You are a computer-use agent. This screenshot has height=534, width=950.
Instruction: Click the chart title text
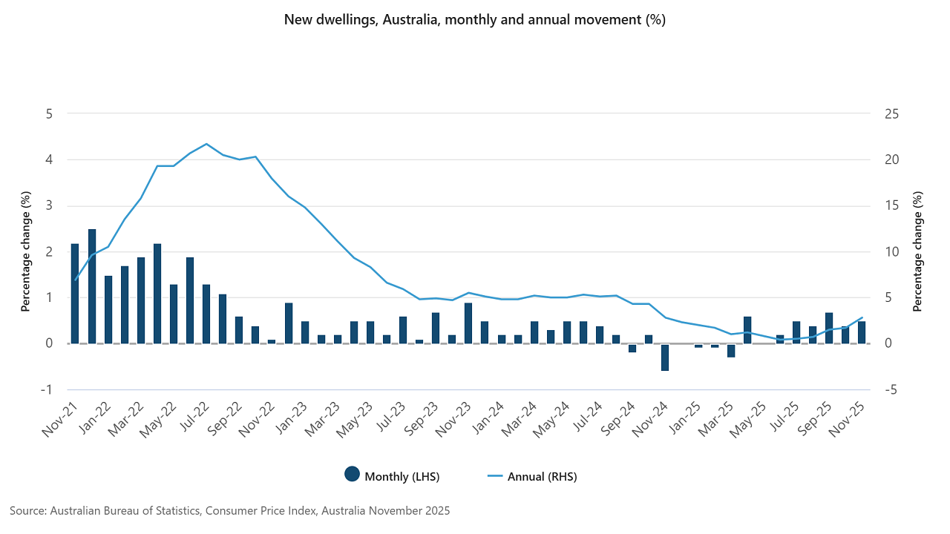pyautogui.click(x=475, y=20)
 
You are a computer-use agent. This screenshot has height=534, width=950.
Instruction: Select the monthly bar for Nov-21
pyautogui.click(x=75, y=293)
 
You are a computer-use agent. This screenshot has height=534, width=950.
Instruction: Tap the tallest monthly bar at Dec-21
pyautogui.click(x=92, y=286)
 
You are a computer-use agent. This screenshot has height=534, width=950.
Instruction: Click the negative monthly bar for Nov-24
pyautogui.click(x=665, y=357)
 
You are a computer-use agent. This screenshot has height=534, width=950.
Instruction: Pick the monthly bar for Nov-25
pyautogui.click(x=862, y=332)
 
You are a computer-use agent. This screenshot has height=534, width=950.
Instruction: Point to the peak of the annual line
pyautogui.click(x=206, y=144)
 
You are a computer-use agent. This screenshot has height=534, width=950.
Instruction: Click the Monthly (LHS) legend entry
pyautogui.click(x=393, y=476)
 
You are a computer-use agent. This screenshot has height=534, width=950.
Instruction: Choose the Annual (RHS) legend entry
pyautogui.click(x=531, y=476)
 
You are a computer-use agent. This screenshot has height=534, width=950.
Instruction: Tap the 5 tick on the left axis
pyautogui.click(x=50, y=114)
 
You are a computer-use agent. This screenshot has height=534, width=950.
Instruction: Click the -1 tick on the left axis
pyautogui.click(x=48, y=389)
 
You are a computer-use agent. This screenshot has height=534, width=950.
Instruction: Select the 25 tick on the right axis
pyautogui.click(x=891, y=114)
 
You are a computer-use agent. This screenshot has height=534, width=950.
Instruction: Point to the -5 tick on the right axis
pyautogui.click(x=891, y=389)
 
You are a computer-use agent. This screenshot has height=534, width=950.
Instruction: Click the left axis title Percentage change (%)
pyautogui.click(x=26, y=251)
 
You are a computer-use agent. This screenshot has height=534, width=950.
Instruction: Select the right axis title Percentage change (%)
pyautogui.click(x=918, y=251)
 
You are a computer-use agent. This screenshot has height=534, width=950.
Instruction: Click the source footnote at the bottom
pyautogui.click(x=230, y=511)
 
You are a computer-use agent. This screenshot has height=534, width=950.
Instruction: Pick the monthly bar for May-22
pyautogui.click(x=157, y=293)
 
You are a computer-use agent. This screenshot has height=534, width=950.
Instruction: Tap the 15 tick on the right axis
pyautogui.click(x=891, y=205)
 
